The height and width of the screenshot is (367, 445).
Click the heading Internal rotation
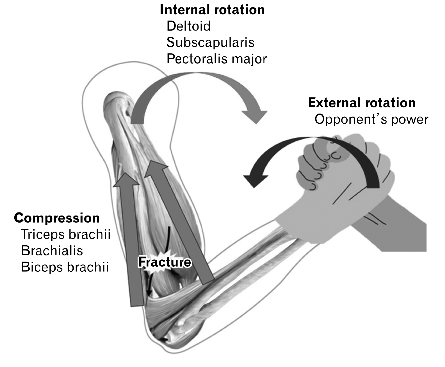click(212, 10)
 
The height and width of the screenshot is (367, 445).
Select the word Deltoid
click(188, 26)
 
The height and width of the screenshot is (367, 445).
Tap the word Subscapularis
click(210, 42)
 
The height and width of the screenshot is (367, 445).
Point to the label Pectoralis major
click(216, 59)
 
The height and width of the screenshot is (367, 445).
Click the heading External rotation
click(362, 103)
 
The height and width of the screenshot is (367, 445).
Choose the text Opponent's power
click(371, 119)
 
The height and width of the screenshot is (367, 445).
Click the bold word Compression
click(57, 218)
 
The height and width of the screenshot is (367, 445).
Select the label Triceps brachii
click(65, 234)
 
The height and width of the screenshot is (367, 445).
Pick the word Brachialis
click(52, 251)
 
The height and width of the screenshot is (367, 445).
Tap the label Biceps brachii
click(65, 267)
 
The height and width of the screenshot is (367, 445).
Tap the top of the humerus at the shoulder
click(118, 100)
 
